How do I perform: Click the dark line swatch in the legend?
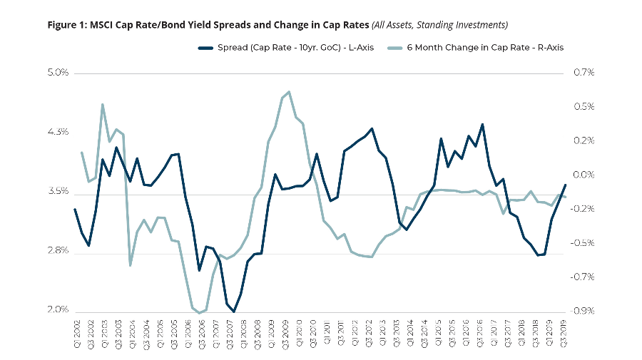[x=205, y=48]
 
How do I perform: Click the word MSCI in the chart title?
[x=106, y=25]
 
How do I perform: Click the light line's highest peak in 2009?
[x=289, y=92]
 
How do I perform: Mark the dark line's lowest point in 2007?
[x=234, y=312]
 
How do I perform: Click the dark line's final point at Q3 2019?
[x=565, y=185]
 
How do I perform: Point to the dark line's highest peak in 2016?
[x=482, y=124]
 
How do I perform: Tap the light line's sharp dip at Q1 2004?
[x=131, y=265]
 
